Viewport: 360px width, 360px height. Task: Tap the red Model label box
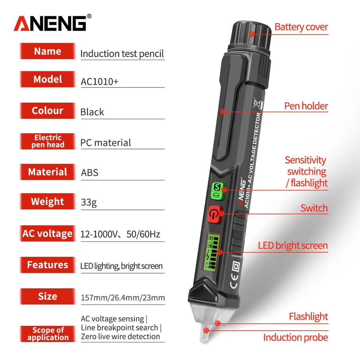click(x=48, y=80)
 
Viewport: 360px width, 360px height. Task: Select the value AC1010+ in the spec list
click(x=99, y=82)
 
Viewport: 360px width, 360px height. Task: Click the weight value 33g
click(x=89, y=202)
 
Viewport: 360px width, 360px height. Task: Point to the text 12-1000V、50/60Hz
click(x=120, y=234)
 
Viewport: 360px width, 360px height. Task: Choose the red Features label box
click(x=48, y=265)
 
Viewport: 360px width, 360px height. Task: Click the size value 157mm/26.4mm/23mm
click(x=123, y=297)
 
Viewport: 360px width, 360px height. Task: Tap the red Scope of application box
click(x=48, y=334)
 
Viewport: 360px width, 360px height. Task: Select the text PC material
click(x=105, y=143)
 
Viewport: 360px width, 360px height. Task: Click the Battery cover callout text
click(x=301, y=27)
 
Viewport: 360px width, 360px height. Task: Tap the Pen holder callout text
click(x=306, y=106)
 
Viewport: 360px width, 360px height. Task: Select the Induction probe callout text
click(x=296, y=337)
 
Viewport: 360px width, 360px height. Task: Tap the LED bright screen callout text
click(x=293, y=246)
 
